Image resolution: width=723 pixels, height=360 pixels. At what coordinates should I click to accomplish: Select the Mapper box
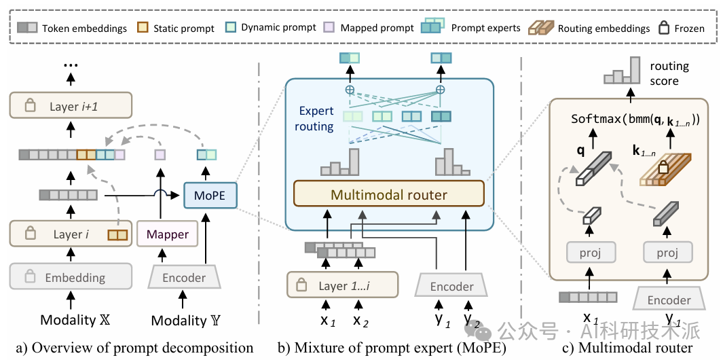162,235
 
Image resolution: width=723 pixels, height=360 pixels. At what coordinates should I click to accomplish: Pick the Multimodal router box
388,195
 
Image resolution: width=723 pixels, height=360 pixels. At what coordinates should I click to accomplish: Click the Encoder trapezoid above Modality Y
183,277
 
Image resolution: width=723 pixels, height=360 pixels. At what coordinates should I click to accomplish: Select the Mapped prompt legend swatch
329,28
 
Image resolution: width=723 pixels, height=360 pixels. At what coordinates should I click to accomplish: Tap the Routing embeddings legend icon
540,28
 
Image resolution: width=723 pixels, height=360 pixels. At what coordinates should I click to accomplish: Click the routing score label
669,73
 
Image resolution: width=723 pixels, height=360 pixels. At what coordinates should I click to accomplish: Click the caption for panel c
627,348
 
